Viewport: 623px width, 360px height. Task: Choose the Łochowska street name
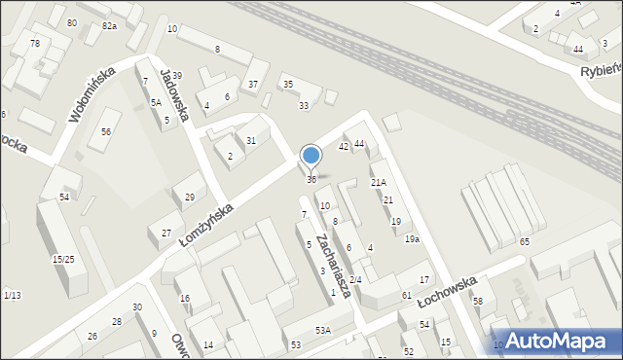click(x=447, y=290)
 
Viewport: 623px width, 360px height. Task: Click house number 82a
click(x=109, y=26)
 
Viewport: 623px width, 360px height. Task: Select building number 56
click(x=106, y=131)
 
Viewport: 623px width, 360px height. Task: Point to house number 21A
click(x=379, y=182)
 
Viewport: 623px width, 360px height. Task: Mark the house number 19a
click(x=413, y=239)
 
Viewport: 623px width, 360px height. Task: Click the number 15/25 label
click(x=63, y=259)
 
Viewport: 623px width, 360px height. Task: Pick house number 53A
click(x=322, y=331)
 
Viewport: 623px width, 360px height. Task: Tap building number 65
click(x=525, y=241)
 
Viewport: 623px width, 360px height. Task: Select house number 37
click(x=253, y=85)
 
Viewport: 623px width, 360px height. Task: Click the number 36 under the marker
click(x=311, y=180)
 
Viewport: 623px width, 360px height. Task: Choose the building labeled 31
click(x=251, y=141)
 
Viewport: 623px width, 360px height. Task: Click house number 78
click(x=35, y=44)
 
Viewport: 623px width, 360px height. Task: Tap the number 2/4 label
click(x=355, y=280)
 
